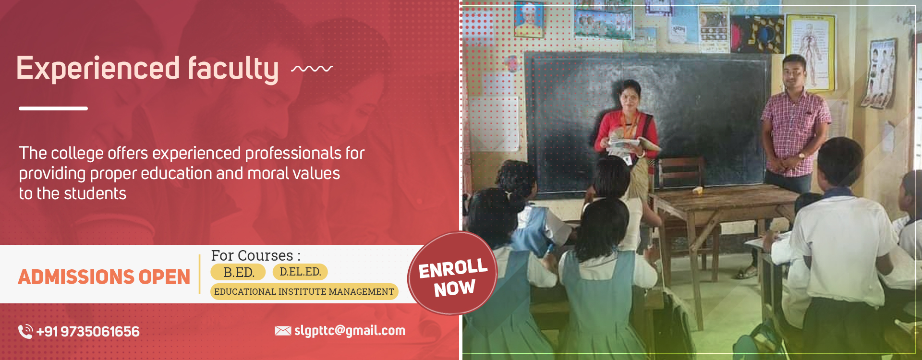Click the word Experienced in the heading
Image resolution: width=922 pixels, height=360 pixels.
tap(98, 69)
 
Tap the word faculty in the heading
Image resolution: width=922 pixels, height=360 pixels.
tap(233, 69)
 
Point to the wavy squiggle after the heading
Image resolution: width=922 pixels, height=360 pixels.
tap(312, 69)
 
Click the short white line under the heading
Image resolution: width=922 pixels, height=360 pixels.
tap(53, 108)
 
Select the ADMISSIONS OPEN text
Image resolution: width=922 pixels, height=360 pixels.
tap(104, 277)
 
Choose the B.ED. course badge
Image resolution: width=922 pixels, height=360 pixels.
tap(238, 272)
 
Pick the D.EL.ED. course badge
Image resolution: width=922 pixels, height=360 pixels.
tap(300, 272)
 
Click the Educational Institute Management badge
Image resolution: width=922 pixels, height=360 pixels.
tap(304, 291)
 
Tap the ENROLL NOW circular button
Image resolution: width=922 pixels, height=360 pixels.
tap(452, 274)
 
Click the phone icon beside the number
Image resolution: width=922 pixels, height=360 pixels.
tap(25, 331)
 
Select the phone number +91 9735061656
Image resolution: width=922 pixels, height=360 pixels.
tap(88, 331)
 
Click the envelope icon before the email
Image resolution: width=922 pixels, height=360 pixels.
tap(283, 331)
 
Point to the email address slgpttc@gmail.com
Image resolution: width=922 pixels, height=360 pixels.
tap(350, 331)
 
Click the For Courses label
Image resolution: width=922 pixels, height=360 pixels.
tap(255, 255)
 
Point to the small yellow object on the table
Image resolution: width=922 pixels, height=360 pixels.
tap(697, 191)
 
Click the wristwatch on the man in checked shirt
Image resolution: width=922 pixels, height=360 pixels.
tap(801, 156)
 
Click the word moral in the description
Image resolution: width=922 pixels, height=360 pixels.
tap(268, 173)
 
